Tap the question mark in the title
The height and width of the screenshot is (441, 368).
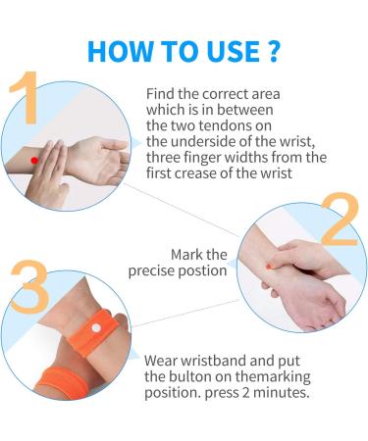point(272,51)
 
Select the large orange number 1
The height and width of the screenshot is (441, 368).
point(26,97)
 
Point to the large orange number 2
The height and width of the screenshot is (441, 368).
point(341,219)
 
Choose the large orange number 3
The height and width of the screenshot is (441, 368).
point(30,287)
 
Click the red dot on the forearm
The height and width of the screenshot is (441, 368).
point(34,160)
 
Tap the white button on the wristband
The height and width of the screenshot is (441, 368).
point(96,327)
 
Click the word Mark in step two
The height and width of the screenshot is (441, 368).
point(187,255)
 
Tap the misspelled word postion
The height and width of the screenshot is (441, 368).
point(203,271)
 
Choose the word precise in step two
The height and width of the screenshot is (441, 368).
point(151,271)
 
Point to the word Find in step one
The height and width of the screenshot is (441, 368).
point(160,94)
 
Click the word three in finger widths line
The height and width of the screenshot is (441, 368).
point(163,158)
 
